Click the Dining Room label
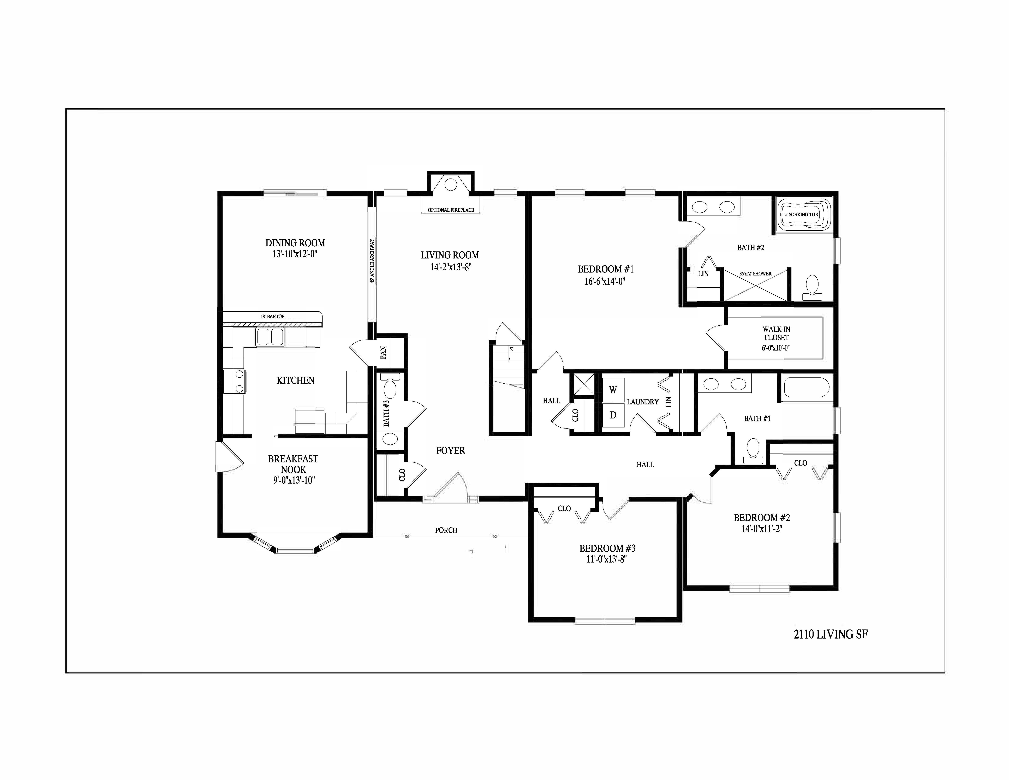pyautogui.click(x=295, y=243)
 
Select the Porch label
pyautogui.click(x=446, y=530)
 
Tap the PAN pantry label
pyautogui.click(x=383, y=353)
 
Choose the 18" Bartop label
pyautogui.click(x=273, y=316)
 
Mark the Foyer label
pyautogui.click(x=450, y=451)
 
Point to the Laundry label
pyautogui.click(x=643, y=402)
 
